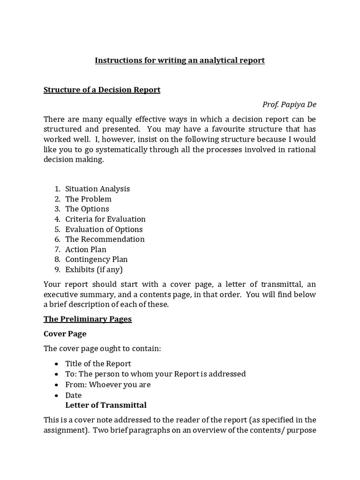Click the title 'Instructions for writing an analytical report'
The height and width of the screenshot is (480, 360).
point(180,60)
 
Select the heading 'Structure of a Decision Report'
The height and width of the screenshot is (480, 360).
point(102,90)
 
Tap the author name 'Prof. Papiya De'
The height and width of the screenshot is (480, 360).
point(289,105)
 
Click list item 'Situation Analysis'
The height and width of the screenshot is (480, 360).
point(97,189)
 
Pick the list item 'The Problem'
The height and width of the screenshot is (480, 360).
point(88,199)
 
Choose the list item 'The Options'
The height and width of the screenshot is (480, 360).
point(87,209)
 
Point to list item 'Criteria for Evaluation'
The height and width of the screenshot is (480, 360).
point(105,219)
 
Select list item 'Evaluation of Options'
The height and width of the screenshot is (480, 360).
point(104,229)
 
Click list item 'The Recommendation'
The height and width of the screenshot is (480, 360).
point(105,239)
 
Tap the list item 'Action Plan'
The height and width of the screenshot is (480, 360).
point(86,249)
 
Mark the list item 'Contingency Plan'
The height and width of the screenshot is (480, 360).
point(97,259)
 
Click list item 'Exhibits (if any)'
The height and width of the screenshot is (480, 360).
point(94,270)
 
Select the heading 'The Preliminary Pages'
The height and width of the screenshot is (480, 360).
point(88,319)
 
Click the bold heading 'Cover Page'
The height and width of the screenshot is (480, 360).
point(65,334)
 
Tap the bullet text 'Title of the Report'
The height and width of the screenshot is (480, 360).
point(98,364)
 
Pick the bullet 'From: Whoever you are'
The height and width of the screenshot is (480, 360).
point(108,384)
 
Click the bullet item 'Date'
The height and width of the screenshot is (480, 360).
point(74,395)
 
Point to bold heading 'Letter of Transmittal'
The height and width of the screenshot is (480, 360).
point(106,405)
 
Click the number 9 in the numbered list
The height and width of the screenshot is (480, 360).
point(57,270)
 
